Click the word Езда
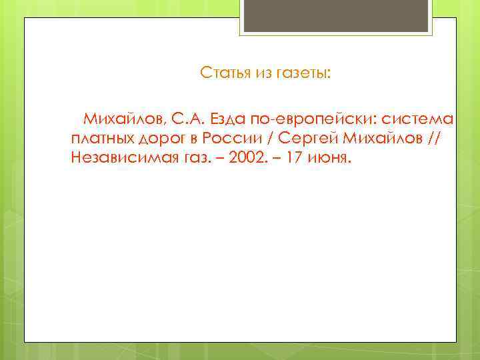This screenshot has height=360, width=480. (229, 119)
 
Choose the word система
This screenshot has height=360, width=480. (418, 119)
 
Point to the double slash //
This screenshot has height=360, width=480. (435, 139)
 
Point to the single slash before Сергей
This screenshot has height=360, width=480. (271, 139)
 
